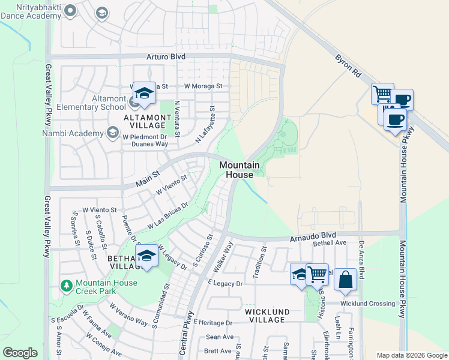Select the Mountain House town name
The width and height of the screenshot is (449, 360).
coord(239,169)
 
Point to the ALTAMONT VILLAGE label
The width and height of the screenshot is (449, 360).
coord(144,121)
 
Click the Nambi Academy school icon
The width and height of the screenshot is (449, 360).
coord(112,131)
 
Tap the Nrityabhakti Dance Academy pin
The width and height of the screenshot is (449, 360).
coord(70,10)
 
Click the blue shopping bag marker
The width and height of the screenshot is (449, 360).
coord(345,280)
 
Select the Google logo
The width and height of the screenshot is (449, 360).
coord(20,353)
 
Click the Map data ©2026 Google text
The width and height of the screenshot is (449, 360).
coord(412,355)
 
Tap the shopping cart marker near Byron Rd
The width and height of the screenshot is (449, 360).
coord(382,94)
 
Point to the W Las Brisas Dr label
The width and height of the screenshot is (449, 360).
coord(168,215)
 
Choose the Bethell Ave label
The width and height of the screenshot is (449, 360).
coord(330,243)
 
